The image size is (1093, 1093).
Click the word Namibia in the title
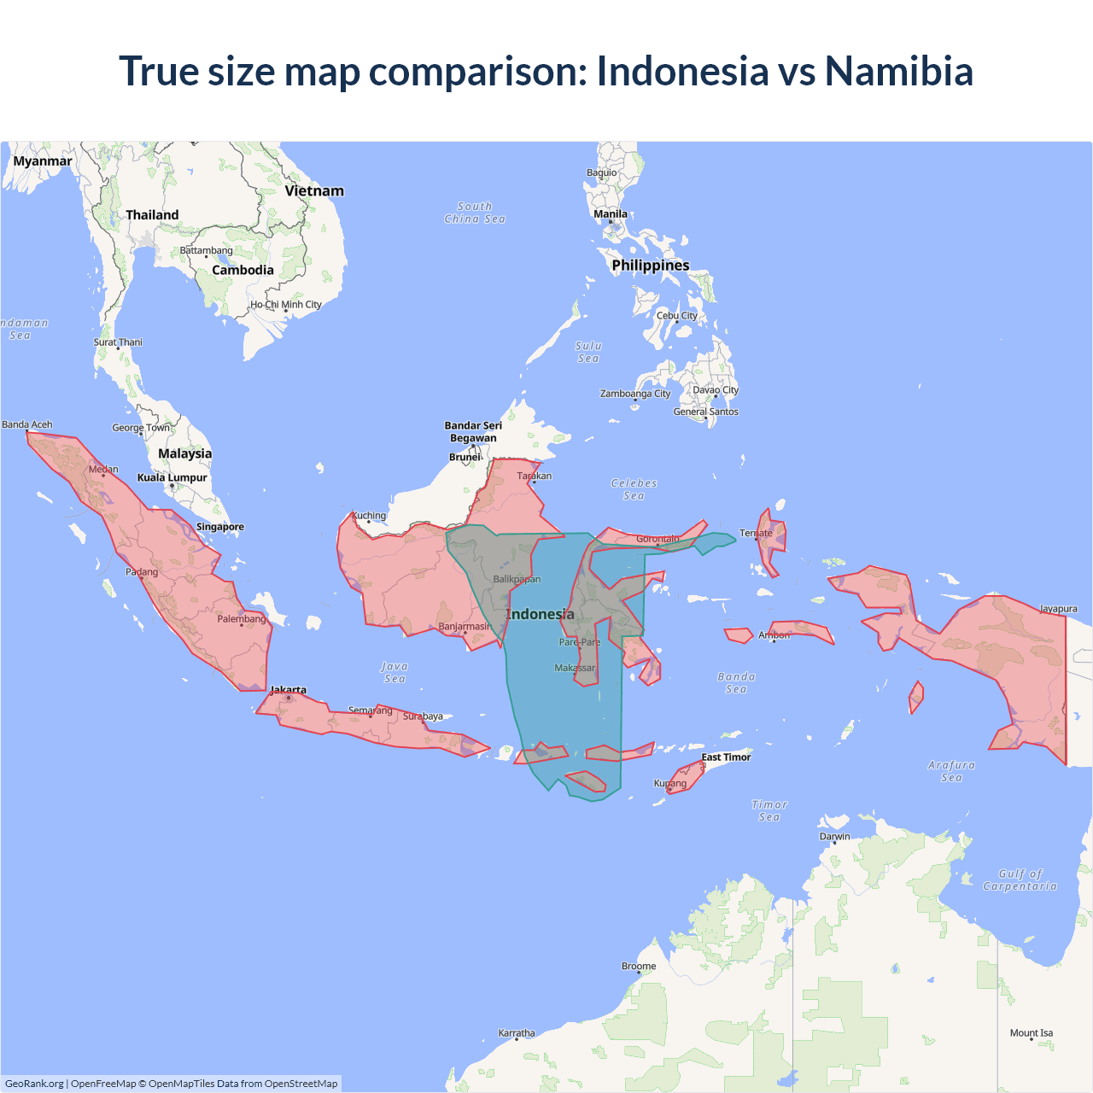click(898, 71)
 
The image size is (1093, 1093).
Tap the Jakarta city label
click(288, 690)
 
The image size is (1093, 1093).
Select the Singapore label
click(220, 527)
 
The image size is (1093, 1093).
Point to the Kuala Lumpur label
click(172, 477)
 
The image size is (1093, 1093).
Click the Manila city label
click(611, 214)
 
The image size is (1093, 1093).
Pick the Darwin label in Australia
click(834, 836)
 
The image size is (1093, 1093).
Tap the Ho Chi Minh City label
click(286, 305)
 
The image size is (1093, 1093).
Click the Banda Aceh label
click(27, 424)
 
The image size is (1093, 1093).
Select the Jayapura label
click(1058, 609)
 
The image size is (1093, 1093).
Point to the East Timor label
click(726, 757)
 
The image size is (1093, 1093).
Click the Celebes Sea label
click(634, 489)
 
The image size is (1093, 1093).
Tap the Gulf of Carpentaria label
click(1020, 880)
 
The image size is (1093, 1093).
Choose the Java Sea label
click(395, 673)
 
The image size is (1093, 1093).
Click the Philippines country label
click(650, 266)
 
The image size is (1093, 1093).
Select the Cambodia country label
click(243, 271)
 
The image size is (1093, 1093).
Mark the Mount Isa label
click(1032, 1033)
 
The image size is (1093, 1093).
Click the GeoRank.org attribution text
click(34, 1084)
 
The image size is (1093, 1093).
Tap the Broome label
click(639, 967)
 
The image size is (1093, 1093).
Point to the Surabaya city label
click(423, 716)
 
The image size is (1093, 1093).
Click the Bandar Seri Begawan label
click(473, 432)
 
